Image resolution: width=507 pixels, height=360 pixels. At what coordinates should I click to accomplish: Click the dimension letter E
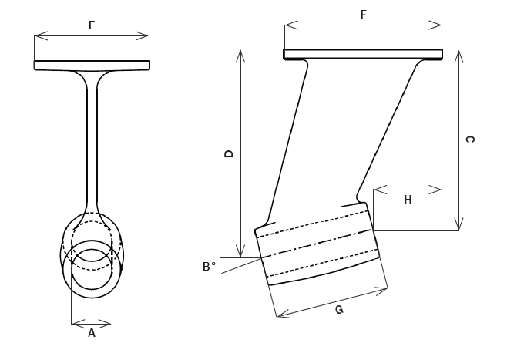[x=92, y=25]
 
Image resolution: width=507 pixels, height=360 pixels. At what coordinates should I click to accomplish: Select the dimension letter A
[x=92, y=333]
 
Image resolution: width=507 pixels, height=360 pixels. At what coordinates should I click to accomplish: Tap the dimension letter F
[x=364, y=15]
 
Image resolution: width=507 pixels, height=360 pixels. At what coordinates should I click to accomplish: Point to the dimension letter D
[x=229, y=153]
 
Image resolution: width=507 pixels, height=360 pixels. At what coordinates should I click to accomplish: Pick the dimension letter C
[x=469, y=140]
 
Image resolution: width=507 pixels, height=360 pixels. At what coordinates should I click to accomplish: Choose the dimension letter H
[x=408, y=200]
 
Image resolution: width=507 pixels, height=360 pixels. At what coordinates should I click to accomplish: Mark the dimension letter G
[x=339, y=310]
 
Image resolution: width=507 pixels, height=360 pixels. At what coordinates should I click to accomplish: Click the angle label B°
[x=210, y=267]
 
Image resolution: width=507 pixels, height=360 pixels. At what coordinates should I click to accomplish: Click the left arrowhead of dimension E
[x=41, y=36]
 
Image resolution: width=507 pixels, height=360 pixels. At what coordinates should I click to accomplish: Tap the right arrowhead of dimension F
[x=435, y=25]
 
